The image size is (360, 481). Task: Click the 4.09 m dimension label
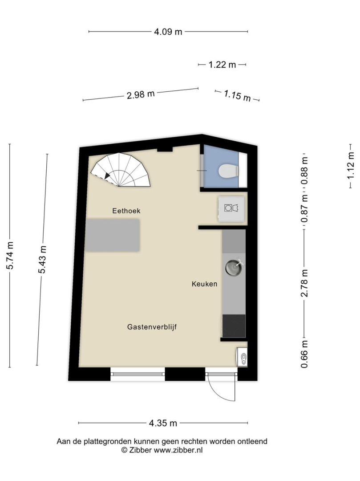point(168,31)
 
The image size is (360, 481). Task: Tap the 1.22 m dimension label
point(222,65)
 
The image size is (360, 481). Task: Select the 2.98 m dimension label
point(141,94)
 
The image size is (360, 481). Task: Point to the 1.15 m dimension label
point(237,95)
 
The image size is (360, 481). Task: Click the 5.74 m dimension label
point(10,256)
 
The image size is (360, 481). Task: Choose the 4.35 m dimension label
point(163,424)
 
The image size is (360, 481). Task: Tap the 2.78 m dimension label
point(304,283)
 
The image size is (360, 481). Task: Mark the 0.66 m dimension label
point(304,354)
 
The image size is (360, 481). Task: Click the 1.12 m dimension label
point(351,166)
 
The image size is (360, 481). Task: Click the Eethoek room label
point(126,211)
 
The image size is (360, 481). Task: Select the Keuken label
point(204,284)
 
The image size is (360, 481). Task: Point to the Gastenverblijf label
point(152,327)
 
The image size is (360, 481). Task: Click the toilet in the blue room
point(229,171)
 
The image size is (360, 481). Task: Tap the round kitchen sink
point(234,268)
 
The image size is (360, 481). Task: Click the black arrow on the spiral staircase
point(107,176)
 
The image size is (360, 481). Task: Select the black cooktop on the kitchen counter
point(234,326)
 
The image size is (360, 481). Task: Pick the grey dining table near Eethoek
point(113,235)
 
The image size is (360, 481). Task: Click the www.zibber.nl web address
point(178,450)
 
